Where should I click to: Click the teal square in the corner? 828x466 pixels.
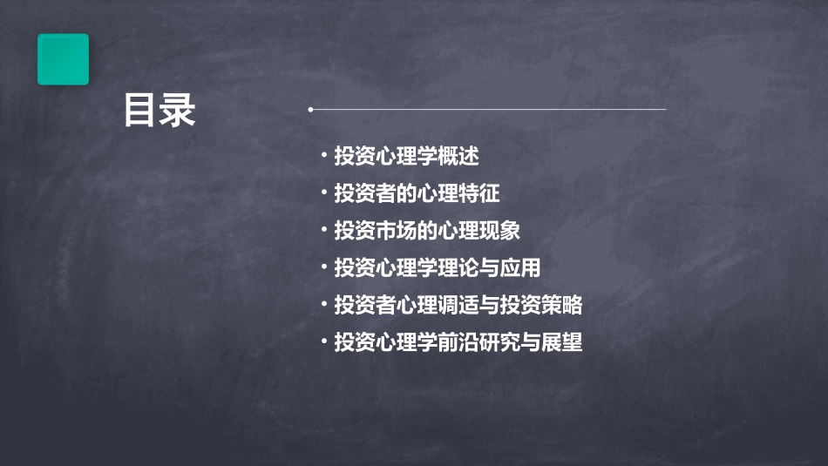tap(63, 59)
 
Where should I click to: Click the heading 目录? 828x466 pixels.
tap(159, 111)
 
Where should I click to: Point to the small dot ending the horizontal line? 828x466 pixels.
tap(310, 110)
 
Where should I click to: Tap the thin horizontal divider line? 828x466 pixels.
tap(488, 110)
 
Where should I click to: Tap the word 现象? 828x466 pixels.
tap(502, 231)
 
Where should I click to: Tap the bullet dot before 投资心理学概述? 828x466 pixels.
tap(323, 157)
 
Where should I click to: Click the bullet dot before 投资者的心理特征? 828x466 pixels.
tap(323, 193)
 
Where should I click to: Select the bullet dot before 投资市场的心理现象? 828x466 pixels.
tap(323, 231)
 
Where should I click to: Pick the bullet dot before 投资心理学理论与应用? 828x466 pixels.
tap(323, 268)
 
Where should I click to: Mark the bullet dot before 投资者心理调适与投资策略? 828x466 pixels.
tap(323, 306)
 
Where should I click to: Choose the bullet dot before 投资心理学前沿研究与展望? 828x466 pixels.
tap(323, 343)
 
